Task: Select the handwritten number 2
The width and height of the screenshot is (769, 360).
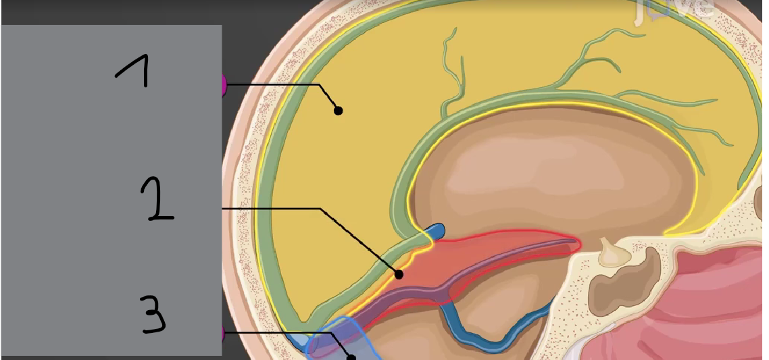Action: click(156, 199)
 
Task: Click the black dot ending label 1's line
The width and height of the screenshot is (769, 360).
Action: click(339, 111)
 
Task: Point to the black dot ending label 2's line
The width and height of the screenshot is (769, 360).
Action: click(399, 274)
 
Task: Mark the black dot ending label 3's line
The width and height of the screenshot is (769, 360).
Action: click(351, 356)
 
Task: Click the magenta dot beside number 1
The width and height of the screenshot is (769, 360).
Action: click(223, 85)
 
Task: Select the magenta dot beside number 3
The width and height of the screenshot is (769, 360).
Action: click(223, 333)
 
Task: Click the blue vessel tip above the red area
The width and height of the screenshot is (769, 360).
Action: click(437, 231)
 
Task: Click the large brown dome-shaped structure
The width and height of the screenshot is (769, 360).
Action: click(554, 169)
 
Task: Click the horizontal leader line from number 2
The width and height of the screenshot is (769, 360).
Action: click(270, 209)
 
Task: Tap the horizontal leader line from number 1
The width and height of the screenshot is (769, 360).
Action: click(270, 84)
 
